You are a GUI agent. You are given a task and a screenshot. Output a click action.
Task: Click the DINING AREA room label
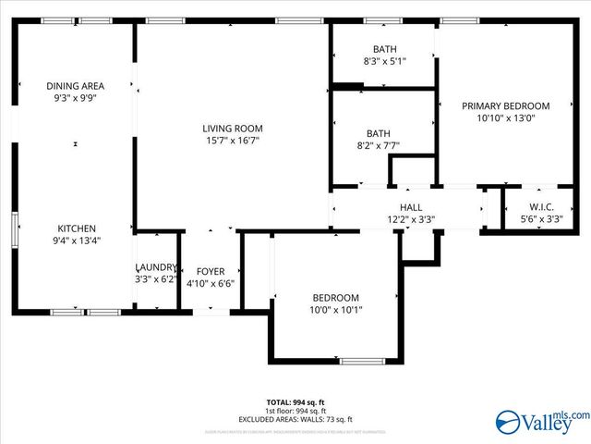tap(76, 86)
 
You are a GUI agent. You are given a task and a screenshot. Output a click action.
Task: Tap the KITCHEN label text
tap(78, 228)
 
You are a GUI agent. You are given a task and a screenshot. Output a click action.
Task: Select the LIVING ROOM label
tap(233, 129)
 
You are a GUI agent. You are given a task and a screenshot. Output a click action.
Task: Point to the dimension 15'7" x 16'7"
tap(233, 141)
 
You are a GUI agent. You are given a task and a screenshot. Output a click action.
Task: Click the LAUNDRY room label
tap(156, 266)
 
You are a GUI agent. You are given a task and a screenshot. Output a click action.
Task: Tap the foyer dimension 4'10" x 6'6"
tap(211, 283)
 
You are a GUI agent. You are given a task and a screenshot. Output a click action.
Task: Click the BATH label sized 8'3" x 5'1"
tap(384, 49)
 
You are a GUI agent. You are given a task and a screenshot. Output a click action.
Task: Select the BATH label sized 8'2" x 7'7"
tap(378, 133)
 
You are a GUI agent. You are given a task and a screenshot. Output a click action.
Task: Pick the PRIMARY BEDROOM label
tap(505, 106)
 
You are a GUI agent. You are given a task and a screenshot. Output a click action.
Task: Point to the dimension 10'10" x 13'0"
tap(505, 118)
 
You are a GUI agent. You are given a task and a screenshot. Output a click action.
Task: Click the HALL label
tap(411, 208)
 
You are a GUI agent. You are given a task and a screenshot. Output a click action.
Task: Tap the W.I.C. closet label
tap(541, 206)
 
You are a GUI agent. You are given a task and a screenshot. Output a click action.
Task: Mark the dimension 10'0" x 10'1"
tap(335, 310)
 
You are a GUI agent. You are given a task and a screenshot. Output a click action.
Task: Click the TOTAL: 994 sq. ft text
tap(295, 402)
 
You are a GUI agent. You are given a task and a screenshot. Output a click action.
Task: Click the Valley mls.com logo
tap(541, 423)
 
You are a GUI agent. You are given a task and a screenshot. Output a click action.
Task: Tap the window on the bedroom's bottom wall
tap(363, 361)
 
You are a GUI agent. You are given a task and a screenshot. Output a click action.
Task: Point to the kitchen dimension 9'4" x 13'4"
tap(78, 240)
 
